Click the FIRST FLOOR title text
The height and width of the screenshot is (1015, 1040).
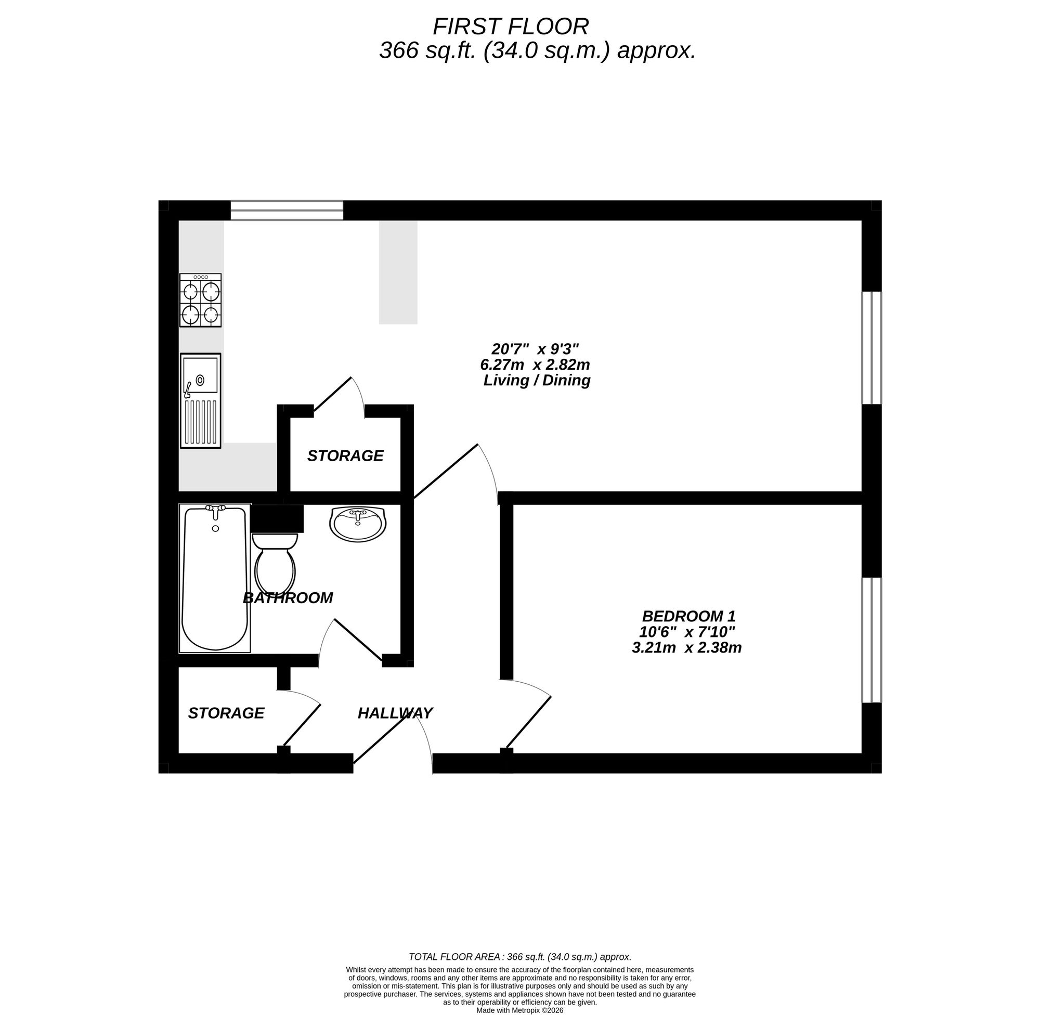[510, 27]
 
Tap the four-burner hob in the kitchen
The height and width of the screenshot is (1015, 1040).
[200, 300]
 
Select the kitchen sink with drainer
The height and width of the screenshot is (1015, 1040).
[200, 400]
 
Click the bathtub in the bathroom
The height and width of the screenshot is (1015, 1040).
[215, 579]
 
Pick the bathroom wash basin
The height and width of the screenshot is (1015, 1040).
[357, 524]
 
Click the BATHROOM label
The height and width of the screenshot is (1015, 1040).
[288, 598]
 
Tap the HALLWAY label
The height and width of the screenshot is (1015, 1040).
[395, 713]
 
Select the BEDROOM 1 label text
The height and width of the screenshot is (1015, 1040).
[688, 616]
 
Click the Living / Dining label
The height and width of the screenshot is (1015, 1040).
[537, 381]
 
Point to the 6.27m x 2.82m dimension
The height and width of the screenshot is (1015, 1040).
[535, 365]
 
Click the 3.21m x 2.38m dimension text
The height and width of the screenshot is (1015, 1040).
[686, 648]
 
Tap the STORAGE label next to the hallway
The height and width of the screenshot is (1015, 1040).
[226, 713]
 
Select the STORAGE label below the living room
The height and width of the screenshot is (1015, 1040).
[345, 456]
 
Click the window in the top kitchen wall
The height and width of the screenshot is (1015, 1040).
[287, 211]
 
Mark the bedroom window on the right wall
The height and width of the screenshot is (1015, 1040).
[872, 640]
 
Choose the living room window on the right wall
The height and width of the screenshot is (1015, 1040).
[872, 347]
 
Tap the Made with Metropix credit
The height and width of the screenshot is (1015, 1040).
[519, 1010]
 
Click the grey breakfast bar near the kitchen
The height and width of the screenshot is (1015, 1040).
[398, 272]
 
